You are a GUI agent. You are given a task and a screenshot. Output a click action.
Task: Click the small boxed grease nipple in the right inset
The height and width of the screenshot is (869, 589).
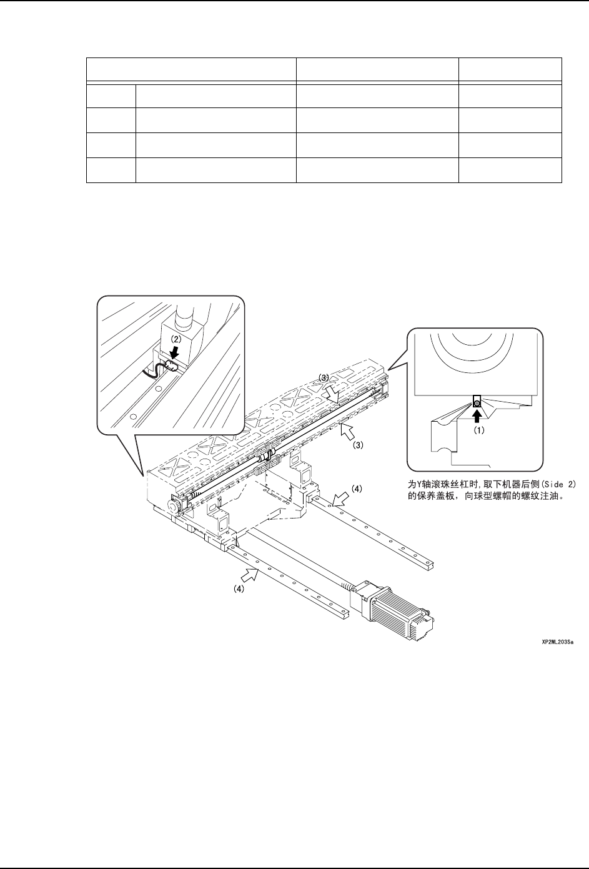[x=477, y=403]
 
